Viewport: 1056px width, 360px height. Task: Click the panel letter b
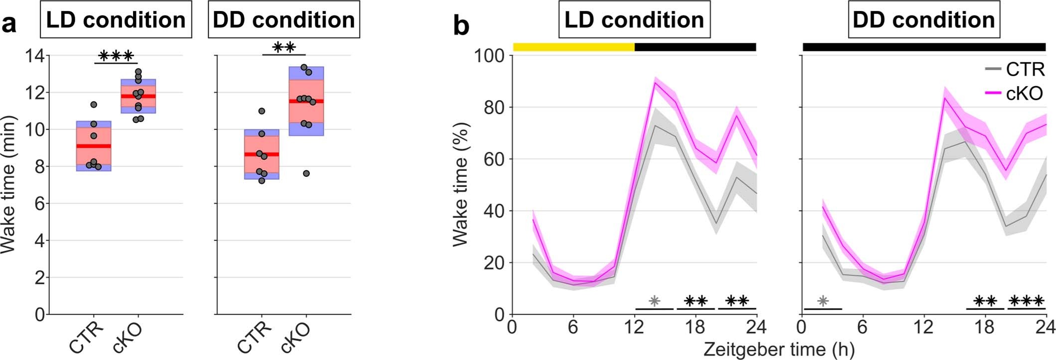point(461,25)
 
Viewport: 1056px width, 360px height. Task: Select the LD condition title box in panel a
point(116,20)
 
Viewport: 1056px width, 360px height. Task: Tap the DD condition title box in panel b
point(924,20)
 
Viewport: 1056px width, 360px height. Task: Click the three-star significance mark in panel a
point(116,55)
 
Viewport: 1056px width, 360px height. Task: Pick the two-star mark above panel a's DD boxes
point(284,48)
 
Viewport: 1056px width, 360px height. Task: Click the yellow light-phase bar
point(573,47)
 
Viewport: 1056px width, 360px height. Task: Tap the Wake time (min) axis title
point(9,184)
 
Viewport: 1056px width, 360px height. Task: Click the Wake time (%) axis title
point(460,184)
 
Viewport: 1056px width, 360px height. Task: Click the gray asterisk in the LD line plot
point(655,301)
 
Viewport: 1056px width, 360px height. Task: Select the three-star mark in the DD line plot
point(1026,301)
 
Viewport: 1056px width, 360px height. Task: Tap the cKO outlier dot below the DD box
point(306,173)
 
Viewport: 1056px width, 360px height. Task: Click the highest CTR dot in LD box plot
point(94,105)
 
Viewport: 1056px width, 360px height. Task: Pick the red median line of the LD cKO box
point(138,96)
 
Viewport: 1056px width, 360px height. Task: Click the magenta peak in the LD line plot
point(655,82)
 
